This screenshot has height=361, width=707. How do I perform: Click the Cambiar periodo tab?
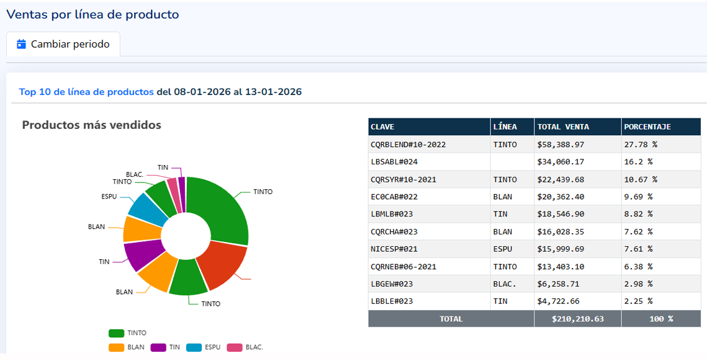coord(63,45)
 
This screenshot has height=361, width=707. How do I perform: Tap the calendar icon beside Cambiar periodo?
coord(22,45)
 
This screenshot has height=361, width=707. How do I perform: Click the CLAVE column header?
coord(382,127)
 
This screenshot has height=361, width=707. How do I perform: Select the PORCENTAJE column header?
coord(647,127)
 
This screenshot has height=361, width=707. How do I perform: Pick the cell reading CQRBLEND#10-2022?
coord(408,145)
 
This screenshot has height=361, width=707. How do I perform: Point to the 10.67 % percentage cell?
coord(640,179)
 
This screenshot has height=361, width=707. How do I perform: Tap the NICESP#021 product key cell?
coord(394,249)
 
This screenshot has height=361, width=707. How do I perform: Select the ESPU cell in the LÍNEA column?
coord(503,249)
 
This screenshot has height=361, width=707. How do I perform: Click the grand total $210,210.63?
coord(578,319)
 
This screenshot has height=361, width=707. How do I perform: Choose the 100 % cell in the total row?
coord(661,319)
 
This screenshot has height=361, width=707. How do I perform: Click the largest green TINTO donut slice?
coord(220,208)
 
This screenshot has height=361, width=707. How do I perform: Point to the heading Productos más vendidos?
coord(91,125)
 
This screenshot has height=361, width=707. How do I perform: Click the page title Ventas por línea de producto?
coord(92,14)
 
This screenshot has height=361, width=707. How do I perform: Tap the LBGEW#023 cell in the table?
coord(392,283)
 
